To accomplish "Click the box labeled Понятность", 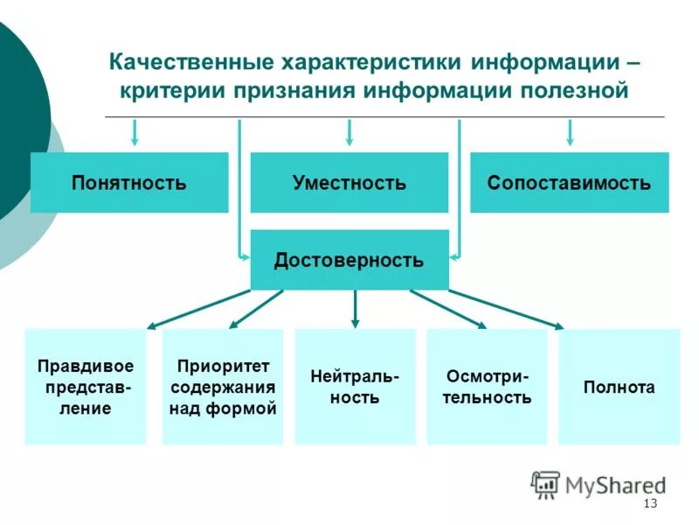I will [129, 183].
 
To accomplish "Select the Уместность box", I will [349, 183].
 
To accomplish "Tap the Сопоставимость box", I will [569, 183].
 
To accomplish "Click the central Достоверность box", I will [349, 260].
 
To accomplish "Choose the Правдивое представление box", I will [86, 386].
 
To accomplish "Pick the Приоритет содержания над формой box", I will [223, 386].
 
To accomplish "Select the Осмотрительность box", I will [488, 386].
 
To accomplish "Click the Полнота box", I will [619, 386].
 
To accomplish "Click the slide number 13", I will [649, 503].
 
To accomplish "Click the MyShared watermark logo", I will [599, 484].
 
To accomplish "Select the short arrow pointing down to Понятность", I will [135, 132].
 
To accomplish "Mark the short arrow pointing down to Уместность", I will [349, 132].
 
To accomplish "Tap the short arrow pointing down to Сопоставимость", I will [570, 132].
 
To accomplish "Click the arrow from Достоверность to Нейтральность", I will [355, 309].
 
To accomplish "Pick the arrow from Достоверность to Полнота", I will [507, 309].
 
